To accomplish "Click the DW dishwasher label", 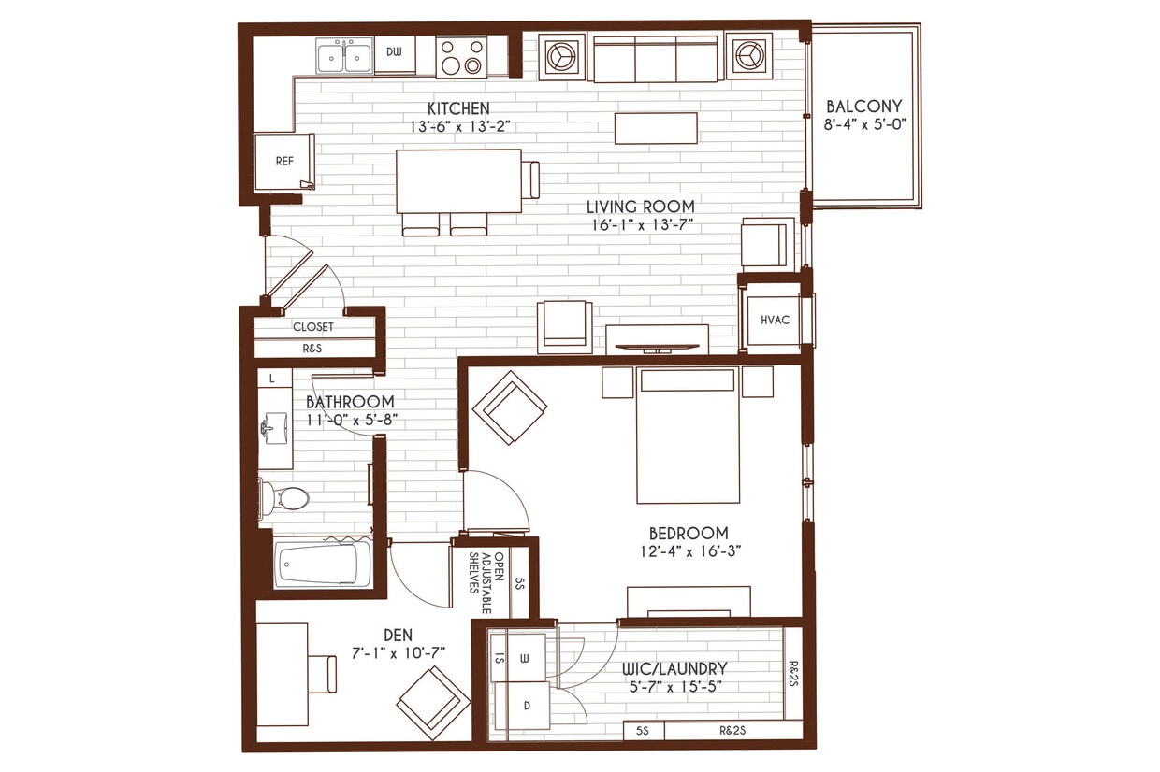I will (394, 52).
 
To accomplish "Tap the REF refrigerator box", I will (284, 162).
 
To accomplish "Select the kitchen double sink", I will (343, 57).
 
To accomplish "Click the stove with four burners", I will (462, 57).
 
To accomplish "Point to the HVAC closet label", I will (775, 321).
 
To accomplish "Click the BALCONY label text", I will (864, 106).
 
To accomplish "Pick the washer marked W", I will (524, 658).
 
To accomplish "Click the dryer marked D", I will (526, 707).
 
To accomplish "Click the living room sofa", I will (655, 59).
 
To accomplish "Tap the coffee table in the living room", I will (656, 128).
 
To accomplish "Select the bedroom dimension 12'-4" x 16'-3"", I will (689, 551).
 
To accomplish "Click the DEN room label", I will (397, 635).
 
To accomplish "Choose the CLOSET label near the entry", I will (313, 327).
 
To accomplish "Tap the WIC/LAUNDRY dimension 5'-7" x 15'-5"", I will (675, 687).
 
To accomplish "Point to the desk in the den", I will (282, 674).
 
